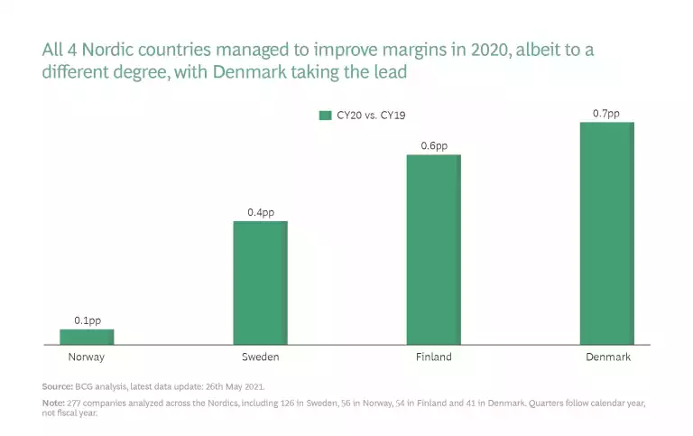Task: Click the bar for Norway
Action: pos(87,337)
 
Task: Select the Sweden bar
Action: pos(260,283)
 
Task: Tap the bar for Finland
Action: pos(433,249)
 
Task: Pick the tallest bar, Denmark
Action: pos(606,233)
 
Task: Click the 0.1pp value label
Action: pos(88,320)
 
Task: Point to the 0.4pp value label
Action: pos(261,212)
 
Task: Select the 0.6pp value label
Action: pos(434,145)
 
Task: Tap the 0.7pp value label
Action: pos(606,113)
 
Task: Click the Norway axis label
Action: pos(87,357)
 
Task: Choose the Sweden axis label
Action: pos(260,357)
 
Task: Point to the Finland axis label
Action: pos(434,357)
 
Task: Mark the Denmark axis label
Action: pos(607,357)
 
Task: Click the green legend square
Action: pos(325,116)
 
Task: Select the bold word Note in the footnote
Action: pos(52,403)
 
